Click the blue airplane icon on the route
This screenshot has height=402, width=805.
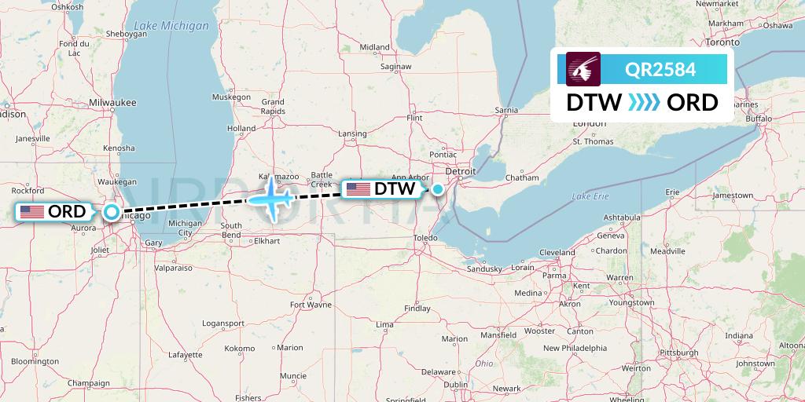pos(272,197)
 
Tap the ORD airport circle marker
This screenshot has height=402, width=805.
pos(112,211)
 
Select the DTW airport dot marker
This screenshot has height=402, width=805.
pos(437,188)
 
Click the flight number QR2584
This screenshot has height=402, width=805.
pos(660,69)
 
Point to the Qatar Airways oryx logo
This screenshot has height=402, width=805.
pos(584,68)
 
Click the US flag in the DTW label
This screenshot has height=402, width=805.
pos(358,188)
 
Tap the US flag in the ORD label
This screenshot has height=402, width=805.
pos(31,211)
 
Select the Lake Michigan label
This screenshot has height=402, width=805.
pos(172,26)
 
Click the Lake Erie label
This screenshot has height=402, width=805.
pos(590,196)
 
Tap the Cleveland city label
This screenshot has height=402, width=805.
pos(557,253)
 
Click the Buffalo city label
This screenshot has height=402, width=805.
pos(759,119)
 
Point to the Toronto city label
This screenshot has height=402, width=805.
pos(723,22)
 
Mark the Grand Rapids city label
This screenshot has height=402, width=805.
pos(273,107)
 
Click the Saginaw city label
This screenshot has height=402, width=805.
pos(395,67)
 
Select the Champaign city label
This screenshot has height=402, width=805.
pos(87,382)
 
